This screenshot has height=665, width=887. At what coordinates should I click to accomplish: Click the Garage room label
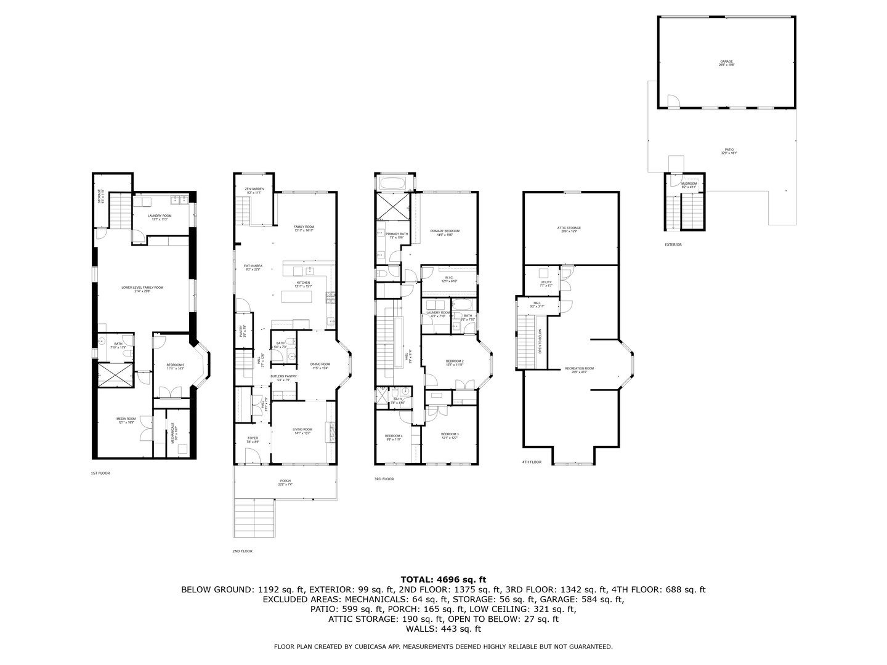(x=727, y=62)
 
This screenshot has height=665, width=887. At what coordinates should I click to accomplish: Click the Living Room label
(x=302, y=430)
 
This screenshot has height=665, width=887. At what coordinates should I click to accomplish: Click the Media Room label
(x=126, y=420)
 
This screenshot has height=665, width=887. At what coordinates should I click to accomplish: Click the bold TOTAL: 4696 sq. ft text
(x=443, y=579)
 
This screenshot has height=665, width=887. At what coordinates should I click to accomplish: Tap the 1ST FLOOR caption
(x=100, y=473)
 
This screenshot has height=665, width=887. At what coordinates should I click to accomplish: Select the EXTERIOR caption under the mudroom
(x=673, y=244)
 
